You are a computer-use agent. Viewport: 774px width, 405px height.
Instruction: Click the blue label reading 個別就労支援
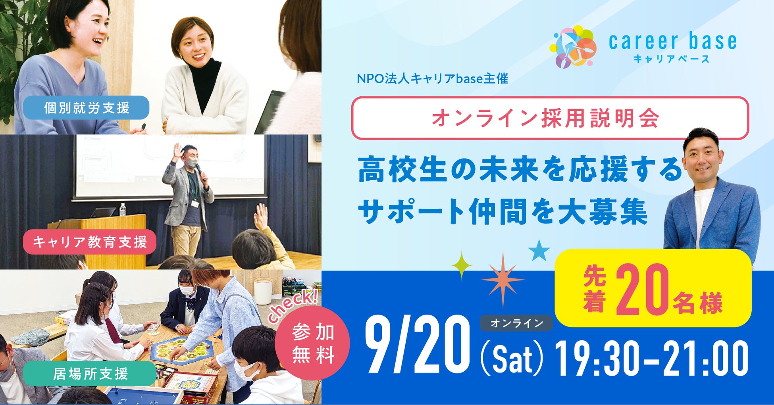point(86,107)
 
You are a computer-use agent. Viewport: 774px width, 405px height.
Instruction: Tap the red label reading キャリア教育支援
point(89,242)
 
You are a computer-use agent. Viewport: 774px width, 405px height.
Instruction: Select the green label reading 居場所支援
point(89,374)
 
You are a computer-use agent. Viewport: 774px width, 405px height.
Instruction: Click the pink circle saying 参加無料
point(312,343)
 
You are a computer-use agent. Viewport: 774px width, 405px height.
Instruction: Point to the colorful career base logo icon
point(573,46)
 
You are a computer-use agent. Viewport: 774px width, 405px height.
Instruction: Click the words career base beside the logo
point(672,42)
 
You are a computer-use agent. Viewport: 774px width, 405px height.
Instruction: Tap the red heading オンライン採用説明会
point(545,118)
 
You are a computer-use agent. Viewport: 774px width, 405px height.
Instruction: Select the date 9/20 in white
point(417,345)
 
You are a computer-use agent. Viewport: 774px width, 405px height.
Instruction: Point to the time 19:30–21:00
point(651,359)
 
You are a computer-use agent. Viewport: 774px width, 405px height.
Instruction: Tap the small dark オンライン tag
point(516,323)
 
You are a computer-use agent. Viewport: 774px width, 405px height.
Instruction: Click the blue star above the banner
point(539,250)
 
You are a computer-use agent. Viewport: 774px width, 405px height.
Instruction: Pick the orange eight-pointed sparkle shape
point(503,280)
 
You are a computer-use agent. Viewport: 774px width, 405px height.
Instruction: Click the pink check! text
point(293,306)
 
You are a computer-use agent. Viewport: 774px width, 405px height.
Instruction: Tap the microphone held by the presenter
point(200,173)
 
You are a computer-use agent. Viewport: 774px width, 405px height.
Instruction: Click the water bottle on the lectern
point(123,210)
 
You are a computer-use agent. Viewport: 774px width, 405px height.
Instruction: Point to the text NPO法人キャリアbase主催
point(432,79)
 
